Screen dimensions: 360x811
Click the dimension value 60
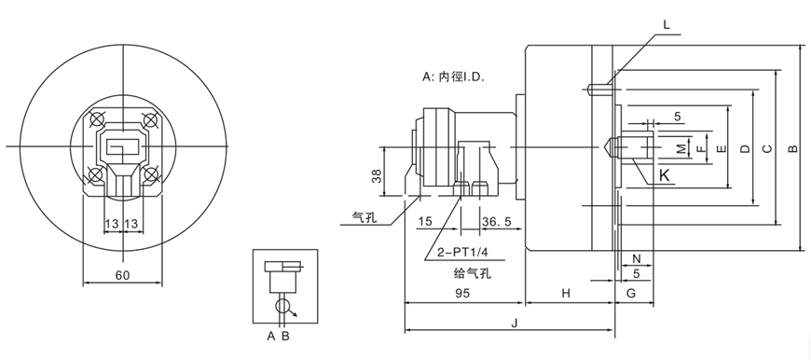[122, 275]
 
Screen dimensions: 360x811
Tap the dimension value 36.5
[497, 222]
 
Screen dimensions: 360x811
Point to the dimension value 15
[425, 222]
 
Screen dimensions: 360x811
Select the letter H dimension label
[565, 293]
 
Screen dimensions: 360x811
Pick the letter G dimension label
[630, 293]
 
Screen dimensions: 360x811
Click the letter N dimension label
[636, 257]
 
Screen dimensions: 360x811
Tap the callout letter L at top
[667, 25]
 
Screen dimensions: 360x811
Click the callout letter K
[664, 175]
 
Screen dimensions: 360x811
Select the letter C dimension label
[766, 148]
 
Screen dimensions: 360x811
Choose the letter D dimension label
[743, 148]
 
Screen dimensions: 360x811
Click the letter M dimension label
[680, 148]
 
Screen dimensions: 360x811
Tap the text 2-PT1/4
[458, 253]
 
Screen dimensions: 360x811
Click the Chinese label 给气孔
[471, 272]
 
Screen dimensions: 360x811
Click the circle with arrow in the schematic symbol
[284, 305]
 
